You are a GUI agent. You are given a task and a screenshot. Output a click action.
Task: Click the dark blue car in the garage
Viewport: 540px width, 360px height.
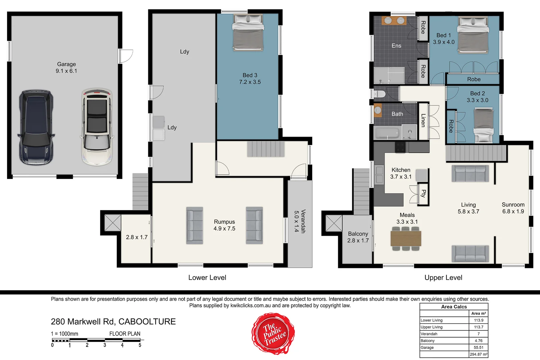tap(36, 127)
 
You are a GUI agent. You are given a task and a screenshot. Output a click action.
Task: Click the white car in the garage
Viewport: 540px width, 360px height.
tap(97, 127)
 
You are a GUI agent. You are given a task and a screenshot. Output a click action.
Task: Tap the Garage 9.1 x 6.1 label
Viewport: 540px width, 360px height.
tap(66, 67)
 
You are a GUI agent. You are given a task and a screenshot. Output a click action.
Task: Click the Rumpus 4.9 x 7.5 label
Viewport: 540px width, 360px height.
tap(224, 225)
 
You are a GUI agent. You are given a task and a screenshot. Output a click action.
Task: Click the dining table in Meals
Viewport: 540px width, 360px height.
tap(406, 239)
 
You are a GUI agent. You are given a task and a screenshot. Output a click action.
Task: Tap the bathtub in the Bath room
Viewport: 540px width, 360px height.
tap(387, 133)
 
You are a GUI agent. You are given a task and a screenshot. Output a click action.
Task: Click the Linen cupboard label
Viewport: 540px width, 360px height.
tap(423, 120)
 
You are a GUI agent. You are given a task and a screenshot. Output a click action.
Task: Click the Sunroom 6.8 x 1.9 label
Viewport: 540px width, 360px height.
tap(513, 208)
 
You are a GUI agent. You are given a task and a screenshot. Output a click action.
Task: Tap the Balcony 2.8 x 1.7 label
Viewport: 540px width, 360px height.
tap(358, 237)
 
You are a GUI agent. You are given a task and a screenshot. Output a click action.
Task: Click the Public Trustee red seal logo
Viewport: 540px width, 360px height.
tap(273, 334)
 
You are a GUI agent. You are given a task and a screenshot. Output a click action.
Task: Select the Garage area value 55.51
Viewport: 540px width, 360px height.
tap(479, 347)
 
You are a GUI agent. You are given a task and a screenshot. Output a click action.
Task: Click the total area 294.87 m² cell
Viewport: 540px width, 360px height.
tap(479, 354)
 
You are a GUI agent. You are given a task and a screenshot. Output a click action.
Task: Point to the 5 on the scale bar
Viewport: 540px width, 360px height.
tap(140, 345)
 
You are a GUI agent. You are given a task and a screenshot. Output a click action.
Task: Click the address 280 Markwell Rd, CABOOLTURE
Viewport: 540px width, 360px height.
tap(113, 322)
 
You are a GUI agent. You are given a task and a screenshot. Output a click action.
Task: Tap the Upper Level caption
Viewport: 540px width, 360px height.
tap(443, 278)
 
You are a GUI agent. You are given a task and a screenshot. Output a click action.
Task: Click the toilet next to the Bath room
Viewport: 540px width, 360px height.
tap(379, 94)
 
